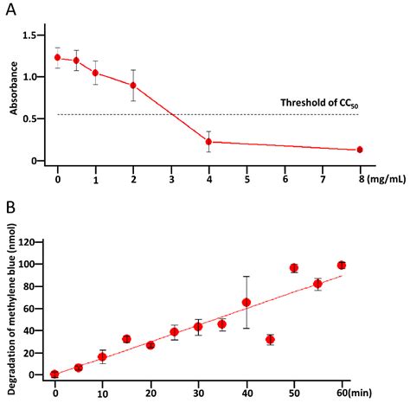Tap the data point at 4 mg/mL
pos(208,142)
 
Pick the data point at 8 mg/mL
pos(360,150)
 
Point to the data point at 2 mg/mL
pos(133,86)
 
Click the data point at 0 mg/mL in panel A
pos(58,58)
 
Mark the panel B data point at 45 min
pos(270,340)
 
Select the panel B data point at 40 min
pos(247,303)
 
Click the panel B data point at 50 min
pos(294,268)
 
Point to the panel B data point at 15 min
pos(126,339)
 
